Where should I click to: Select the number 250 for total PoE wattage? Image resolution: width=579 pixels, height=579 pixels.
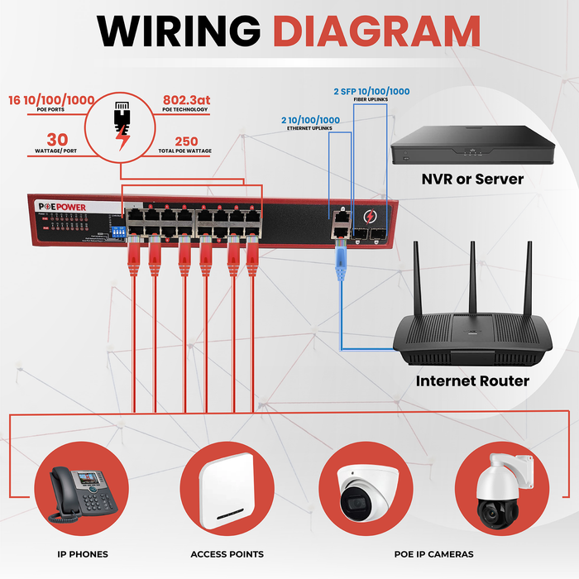pos(185,141)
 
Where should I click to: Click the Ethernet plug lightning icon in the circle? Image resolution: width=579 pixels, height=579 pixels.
pos(122,124)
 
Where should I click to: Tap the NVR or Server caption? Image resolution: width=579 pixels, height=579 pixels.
pos(472,178)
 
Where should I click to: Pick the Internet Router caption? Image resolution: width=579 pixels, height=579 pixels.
pos(471,381)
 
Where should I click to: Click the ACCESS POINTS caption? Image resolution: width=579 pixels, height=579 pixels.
pos(227,554)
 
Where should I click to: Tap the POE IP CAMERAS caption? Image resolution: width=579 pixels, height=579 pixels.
pos(433,554)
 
